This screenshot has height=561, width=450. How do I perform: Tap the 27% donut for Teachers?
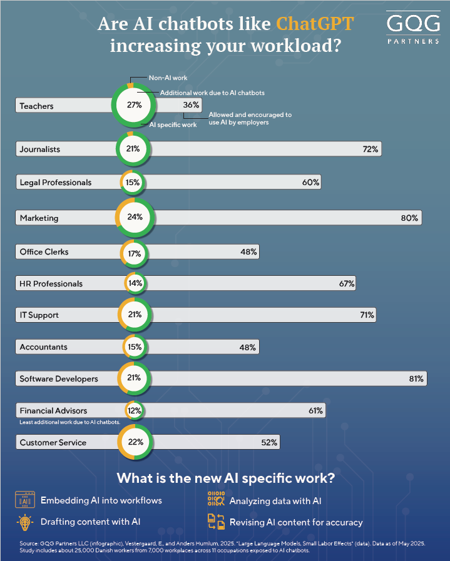[134, 105]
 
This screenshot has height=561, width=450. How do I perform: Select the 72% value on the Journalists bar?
[370, 149]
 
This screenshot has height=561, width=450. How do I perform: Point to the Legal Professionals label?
[56, 183]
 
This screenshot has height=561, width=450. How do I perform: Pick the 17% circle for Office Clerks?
[134, 253]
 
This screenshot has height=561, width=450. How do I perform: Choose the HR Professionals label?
[51, 284]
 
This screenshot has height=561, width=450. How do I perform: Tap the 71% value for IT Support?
[367, 315]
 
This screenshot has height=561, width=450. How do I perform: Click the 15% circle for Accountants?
[134, 347]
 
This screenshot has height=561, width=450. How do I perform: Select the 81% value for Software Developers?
[416, 378]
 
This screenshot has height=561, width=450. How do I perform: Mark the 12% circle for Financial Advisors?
[134, 411]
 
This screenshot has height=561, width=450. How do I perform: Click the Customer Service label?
[53, 443]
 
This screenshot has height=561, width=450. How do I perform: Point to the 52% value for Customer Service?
[269, 443]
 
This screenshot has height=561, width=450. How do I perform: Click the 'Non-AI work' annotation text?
[168, 78]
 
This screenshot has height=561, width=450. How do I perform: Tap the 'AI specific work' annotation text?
[173, 125]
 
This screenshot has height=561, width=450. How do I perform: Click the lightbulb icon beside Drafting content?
[25, 522]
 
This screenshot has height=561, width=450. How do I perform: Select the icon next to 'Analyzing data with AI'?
[216, 500]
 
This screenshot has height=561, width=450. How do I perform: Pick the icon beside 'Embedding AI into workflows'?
[25, 500]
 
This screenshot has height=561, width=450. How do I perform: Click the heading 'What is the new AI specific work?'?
[225, 479]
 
